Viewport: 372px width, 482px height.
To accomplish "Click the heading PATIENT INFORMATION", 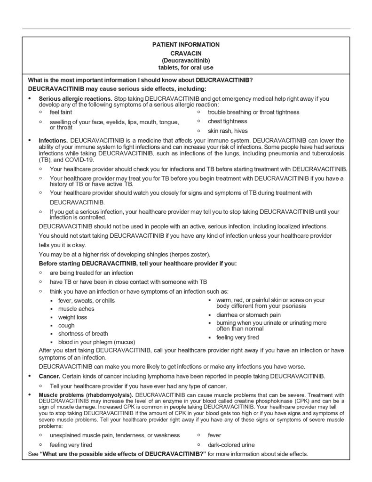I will pyautogui.click(x=186, y=45).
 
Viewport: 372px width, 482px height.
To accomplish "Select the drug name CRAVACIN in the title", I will pyautogui.click(x=186, y=53).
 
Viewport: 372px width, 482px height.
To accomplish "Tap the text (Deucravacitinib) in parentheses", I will pyautogui.click(x=186, y=60).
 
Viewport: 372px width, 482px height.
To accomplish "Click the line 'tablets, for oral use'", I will pyautogui.click(x=186, y=68).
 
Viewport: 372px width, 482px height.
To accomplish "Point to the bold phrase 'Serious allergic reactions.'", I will pyautogui.click(x=75, y=99).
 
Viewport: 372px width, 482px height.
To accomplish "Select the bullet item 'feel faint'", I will pyautogui.click(x=61, y=112).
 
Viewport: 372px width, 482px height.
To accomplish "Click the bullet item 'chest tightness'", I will pyautogui.click(x=227, y=121).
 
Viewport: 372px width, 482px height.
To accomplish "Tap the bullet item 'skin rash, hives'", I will pyautogui.click(x=228, y=131).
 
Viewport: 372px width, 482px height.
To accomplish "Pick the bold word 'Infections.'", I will pyautogui.click(x=54, y=140).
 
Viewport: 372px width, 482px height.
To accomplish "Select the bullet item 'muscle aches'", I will pyautogui.click(x=76, y=309).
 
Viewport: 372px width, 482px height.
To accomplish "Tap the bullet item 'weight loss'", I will pyautogui.click(x=72, y=317).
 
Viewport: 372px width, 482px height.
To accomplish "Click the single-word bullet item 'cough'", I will pyautogui.click(x=66, y=325).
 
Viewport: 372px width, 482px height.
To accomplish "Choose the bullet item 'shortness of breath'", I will pyautogui.click(x=83, y=334).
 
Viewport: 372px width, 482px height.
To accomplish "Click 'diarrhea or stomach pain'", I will pyautogui.click(x=248, y=315).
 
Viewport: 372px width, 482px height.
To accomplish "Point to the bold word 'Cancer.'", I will pyautogui.click(x=49, y=376).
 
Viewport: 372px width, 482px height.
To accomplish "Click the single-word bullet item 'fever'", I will pyautogui.click(x=214, y=435).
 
